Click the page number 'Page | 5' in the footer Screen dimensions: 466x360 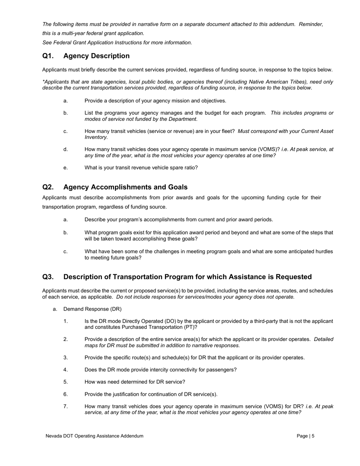click(x=305, y=436)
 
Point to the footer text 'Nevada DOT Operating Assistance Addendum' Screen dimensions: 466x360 click(x=94, y=436)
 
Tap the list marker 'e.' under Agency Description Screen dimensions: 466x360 click(x=66, y=167)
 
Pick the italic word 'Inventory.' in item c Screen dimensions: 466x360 click(x=96, y=137)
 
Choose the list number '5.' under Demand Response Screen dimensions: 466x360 click(x=66, y=382)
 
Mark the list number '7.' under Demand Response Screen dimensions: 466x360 click(x=66, y=407)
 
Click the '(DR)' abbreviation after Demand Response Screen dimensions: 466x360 click(x=115, y=309)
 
